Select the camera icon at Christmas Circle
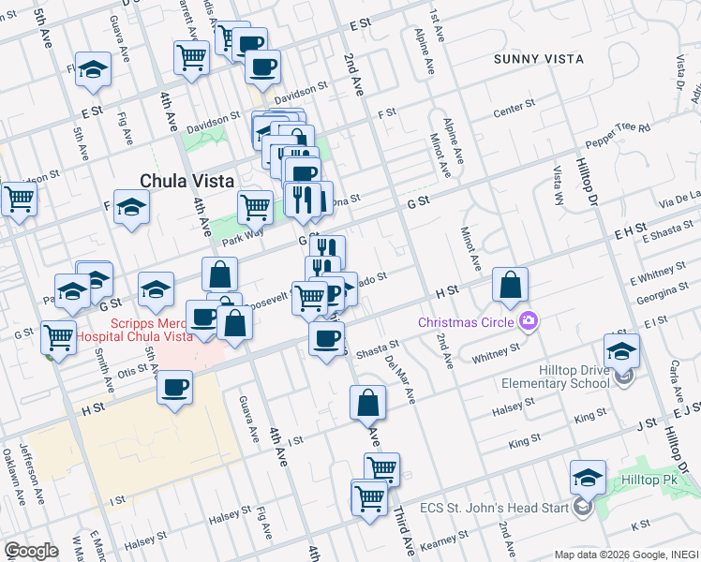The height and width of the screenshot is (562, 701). coord(529,322)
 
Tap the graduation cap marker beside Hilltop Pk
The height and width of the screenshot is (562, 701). coord(587,480)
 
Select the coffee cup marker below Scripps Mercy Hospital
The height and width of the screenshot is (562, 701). coord(174,387)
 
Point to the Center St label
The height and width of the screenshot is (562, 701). coord(515,110)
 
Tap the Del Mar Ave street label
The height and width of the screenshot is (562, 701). coord(399,378)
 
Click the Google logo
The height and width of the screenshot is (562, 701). coord(30,550)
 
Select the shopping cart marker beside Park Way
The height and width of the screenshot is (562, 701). coord(255,206)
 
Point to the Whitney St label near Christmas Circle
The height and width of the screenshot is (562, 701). coord(497,351)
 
